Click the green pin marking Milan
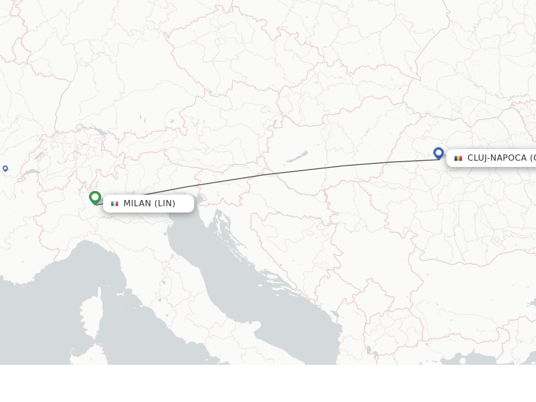pos(95,197)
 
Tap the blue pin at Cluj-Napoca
pos(439,153)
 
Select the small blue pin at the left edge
pos(5,168)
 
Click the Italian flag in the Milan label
pos(115,204)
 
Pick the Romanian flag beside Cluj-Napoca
pos(458,158)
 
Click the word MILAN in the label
pos(137,204)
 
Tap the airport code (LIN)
pos(165,204)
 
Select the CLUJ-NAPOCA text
pos(497,158)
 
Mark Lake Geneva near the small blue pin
pos(31,172)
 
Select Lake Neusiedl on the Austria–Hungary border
pos(273,125)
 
